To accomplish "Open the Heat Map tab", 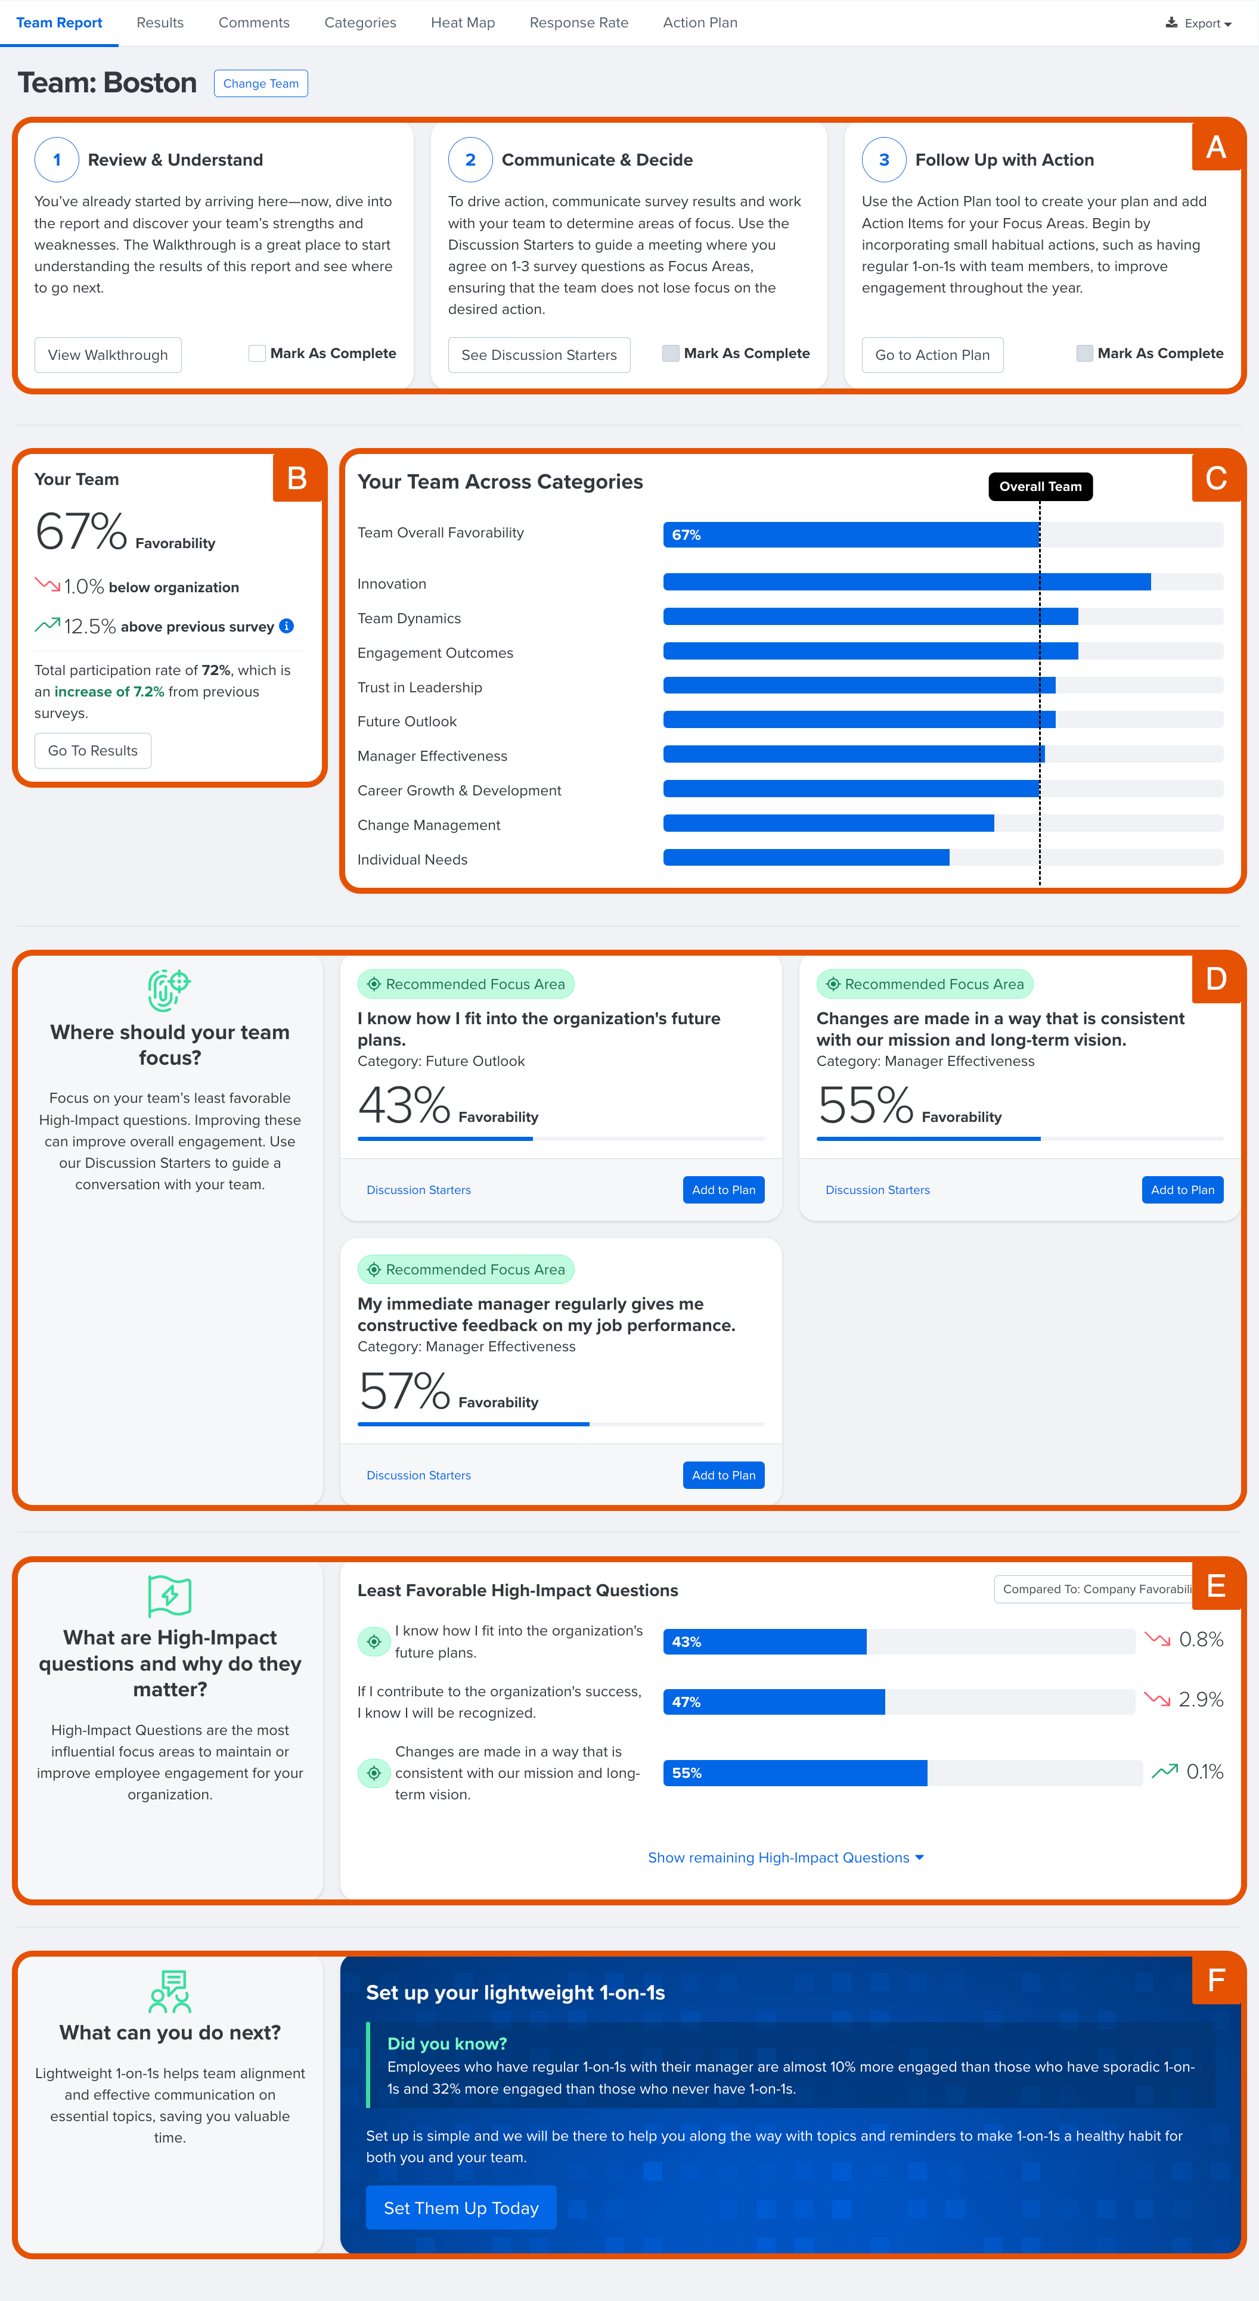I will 462,22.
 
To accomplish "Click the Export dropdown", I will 1198,23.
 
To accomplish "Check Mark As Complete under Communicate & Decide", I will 670,353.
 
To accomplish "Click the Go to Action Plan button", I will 931,355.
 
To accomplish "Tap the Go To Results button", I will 93,750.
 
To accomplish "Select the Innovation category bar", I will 906,582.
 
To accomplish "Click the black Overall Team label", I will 1039,486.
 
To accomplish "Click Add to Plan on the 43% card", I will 723,1190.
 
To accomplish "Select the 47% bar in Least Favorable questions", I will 773,1702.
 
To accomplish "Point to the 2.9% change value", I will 1200,1699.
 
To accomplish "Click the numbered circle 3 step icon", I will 883,160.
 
